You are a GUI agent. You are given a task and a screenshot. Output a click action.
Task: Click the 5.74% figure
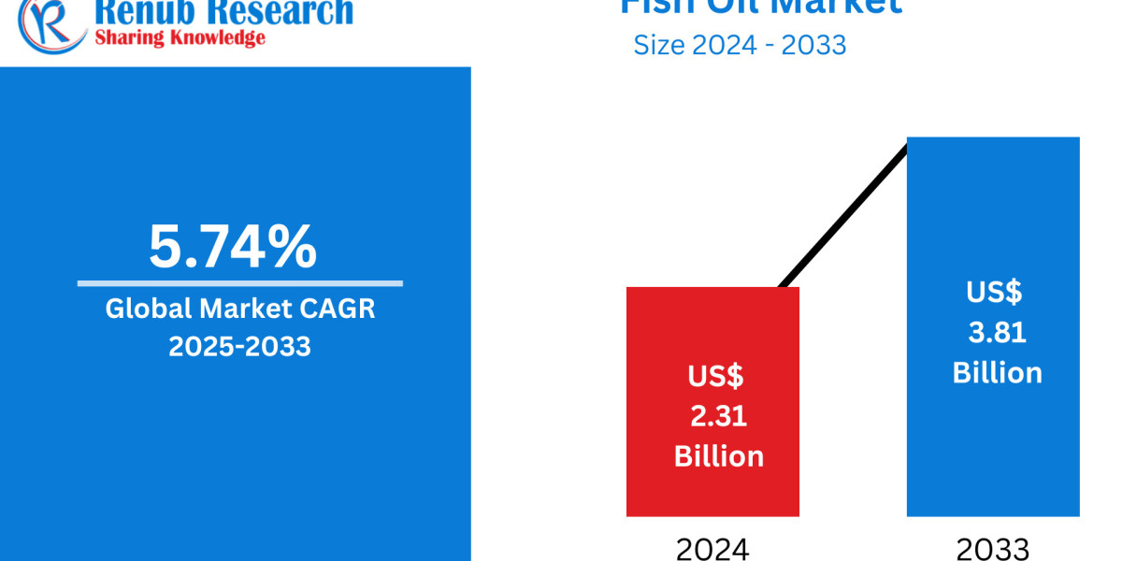(x=233, y=247)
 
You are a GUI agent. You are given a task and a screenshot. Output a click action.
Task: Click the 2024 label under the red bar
(x=712, y=549)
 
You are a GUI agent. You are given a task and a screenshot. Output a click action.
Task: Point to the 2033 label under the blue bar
(x=993, y=549)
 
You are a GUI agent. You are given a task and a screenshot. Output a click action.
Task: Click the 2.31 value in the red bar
(x=718, y=416)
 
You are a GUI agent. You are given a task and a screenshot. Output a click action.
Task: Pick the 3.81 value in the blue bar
(x=998, y=332)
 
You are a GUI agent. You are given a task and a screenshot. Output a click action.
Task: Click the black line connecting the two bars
(x=841, y=215)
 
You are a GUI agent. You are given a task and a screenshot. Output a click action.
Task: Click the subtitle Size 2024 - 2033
(x=740, y=44)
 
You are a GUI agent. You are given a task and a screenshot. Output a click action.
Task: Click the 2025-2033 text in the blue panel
(x=239, y=347)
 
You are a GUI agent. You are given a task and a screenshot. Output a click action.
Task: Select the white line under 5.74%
(x=239, y=282)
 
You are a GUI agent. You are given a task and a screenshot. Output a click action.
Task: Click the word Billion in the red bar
(x=718, y=456)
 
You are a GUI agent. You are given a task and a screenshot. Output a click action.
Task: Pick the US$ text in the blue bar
(x=994, y=292)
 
